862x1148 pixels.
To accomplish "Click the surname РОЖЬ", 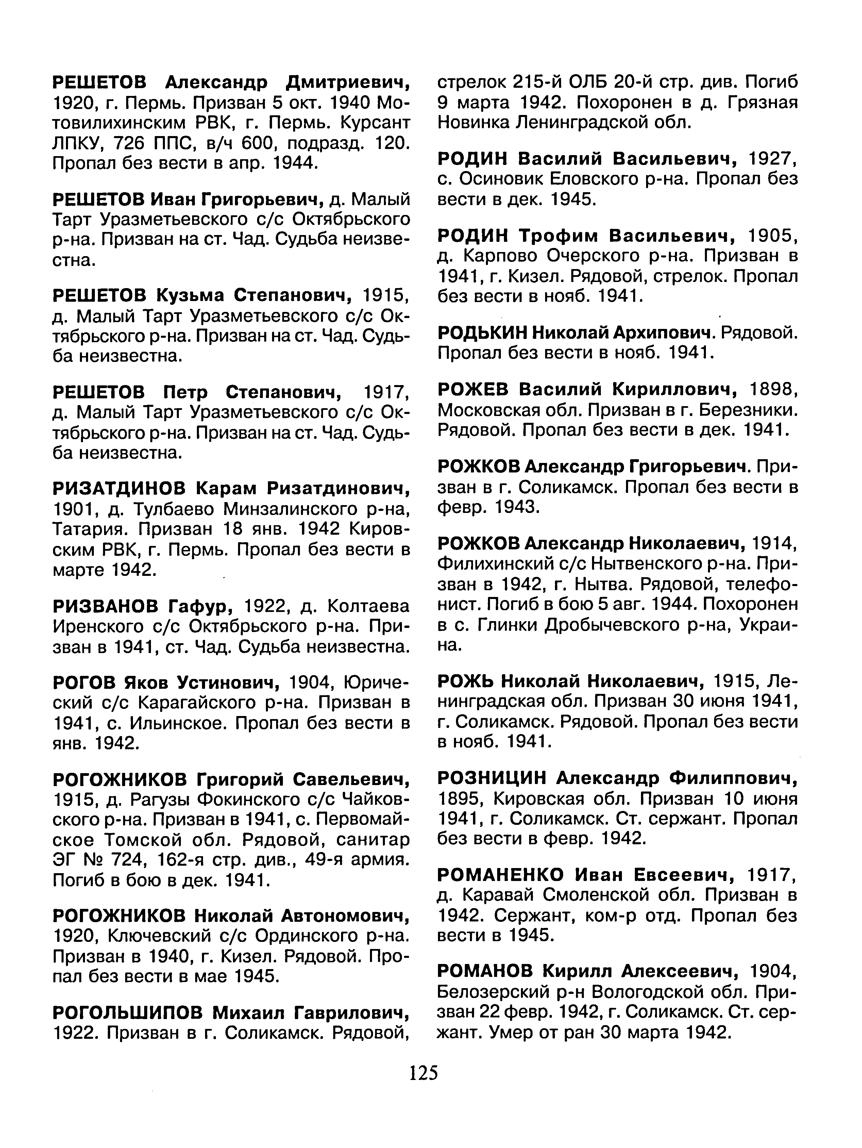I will [466, 680].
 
